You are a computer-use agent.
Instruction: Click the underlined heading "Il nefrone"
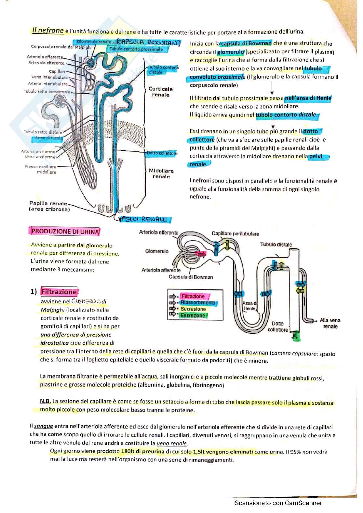click(48, 31)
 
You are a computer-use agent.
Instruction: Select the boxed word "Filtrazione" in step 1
click(59, 292)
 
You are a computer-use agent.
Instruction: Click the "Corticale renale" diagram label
click(161, 92)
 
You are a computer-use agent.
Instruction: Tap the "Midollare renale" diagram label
click(161, 174)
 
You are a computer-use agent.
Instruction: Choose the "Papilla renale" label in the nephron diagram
click(49, 207)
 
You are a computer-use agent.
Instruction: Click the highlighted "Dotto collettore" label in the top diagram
click(162, 153)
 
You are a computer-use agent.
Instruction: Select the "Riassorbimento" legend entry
click(198, 303)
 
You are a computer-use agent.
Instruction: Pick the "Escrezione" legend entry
click(193, 315)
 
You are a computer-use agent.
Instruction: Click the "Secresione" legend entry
click(193, 309)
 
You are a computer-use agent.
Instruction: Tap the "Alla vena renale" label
click(330, 323)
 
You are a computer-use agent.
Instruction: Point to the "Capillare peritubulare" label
click(235, 234)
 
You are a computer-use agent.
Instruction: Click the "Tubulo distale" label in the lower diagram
click(276, 245)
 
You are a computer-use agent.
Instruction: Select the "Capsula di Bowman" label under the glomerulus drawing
click(191, 277)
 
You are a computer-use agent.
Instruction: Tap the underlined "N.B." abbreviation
click(45, 402)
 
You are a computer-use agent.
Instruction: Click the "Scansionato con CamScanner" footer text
click(278, 503)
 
